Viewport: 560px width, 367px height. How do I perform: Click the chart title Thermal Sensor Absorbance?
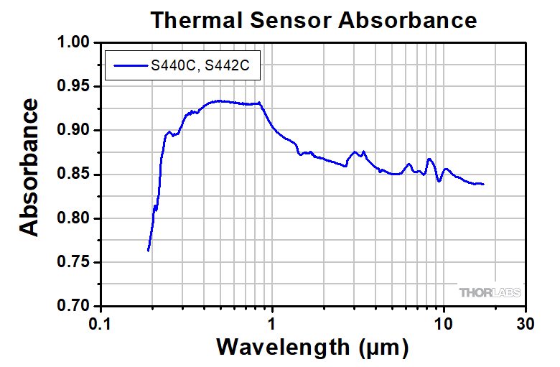pos(313,19)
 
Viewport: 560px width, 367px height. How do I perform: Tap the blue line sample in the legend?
pos(129,67)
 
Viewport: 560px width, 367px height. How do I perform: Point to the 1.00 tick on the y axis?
pos(73,43)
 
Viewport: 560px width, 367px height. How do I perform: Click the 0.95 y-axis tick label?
pos(73,87)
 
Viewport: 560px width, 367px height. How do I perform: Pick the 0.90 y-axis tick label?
pos(73,131)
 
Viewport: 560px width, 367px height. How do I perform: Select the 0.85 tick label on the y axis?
pos(73,175)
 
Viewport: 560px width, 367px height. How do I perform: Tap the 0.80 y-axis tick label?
pos(73,218)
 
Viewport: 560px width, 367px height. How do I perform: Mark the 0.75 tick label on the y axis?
pos(73,262)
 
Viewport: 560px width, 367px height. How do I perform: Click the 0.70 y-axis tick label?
pos(73,306)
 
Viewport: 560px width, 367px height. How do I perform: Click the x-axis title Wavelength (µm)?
pos(312,348)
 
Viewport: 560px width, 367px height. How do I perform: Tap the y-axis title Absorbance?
pos(29,167)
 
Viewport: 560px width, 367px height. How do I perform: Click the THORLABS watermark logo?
pos(490,293)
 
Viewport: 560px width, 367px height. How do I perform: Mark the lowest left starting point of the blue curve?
pos(148,250)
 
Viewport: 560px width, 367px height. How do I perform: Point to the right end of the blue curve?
pos(483,184)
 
